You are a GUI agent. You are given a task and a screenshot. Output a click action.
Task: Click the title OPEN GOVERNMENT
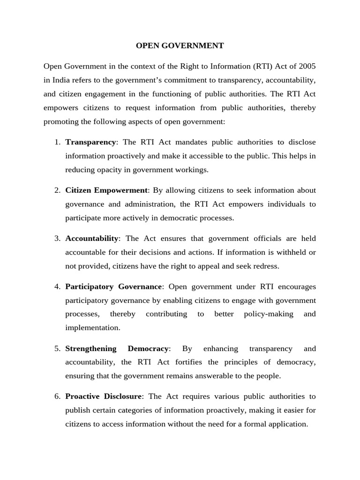180,46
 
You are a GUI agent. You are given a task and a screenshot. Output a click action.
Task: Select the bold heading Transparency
90,142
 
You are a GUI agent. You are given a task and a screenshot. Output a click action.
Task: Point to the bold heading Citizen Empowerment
107,190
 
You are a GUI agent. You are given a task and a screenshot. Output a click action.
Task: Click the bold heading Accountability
92,239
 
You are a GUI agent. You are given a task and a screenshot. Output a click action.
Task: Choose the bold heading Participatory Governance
114,286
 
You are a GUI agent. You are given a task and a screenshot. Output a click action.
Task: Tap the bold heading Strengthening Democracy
117,349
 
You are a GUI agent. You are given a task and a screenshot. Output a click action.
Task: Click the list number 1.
57,142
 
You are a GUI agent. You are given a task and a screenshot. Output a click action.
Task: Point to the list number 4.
57,286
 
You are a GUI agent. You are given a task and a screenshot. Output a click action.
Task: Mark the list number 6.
57,397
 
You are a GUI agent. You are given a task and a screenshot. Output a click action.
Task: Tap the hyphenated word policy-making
269,314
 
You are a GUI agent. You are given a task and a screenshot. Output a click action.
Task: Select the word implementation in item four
93,328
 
